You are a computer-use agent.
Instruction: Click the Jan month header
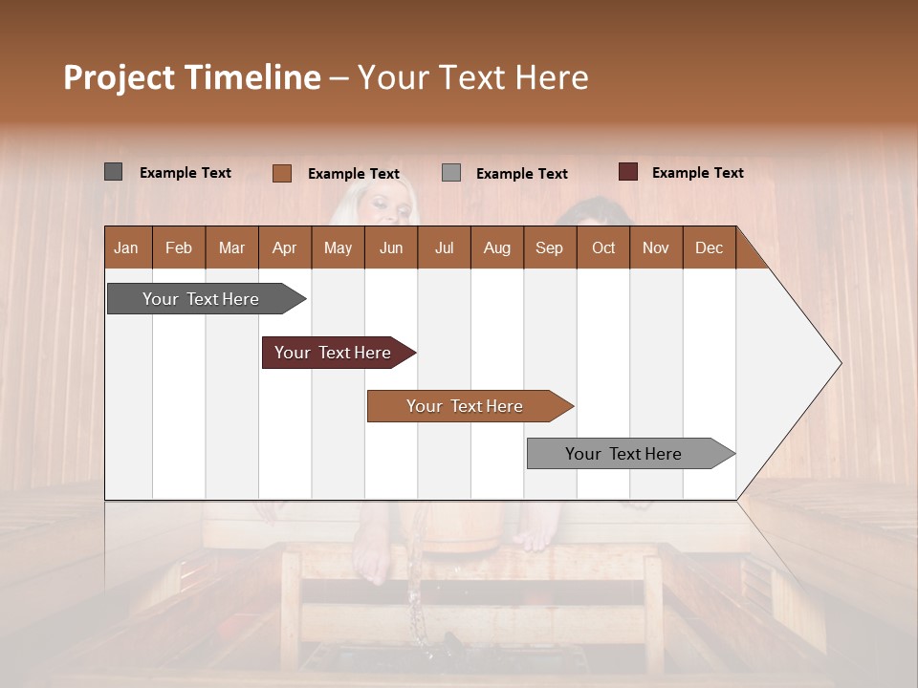pos(126,247)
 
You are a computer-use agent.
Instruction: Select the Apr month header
pos(284,247)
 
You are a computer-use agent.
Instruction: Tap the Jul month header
pos(444,247)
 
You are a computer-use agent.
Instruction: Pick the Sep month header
pos(549,247)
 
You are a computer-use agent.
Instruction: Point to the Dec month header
pos(709,247)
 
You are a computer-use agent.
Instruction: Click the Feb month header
pos(179,247)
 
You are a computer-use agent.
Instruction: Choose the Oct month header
pos(603,247)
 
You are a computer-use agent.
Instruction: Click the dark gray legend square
pos(113,172)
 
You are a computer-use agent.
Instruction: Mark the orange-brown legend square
pos(281,173)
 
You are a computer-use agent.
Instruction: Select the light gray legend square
pos(451,173)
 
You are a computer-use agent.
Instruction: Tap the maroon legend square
pos(627,172)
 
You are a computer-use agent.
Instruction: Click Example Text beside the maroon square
pos(697,173)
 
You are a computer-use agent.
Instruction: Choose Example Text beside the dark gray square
pos(186,173)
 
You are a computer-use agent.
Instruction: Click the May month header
pos(338,247)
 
